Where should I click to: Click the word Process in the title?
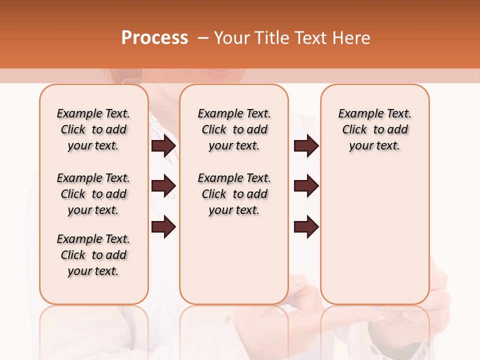[154, 38]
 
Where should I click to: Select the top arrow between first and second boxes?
[163, 146]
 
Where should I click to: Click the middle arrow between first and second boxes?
[163, 186]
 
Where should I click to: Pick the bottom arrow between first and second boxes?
[163, 226]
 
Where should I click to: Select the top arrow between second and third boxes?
[306, 146]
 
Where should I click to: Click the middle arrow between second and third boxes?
[306, 186]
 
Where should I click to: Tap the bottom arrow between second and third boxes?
[306, 226]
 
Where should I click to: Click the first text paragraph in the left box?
[93, 129]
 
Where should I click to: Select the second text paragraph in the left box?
[93, 194]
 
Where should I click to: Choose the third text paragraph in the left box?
[93, 255]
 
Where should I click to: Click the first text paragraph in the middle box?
[234, 129]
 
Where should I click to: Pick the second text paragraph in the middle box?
[234, 194]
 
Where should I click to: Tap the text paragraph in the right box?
[374, 129]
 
